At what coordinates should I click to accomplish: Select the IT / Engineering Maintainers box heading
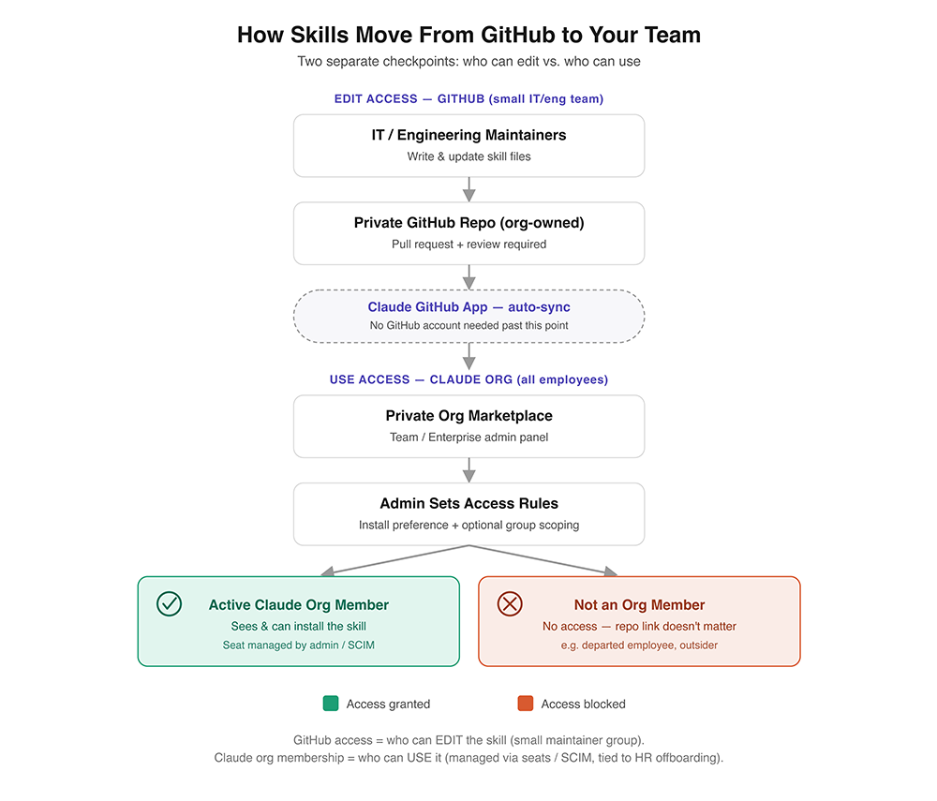click(469, 135)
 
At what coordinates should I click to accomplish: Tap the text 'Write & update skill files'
click(469, 156)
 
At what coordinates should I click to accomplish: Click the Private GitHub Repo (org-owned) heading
click(469, 223)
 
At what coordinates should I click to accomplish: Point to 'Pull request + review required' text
click(469, 245)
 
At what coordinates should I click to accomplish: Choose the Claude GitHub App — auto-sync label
click(469, 307)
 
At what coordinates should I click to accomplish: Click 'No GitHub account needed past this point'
click(469, 325)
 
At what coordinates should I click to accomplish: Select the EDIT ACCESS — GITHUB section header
click(469, 99)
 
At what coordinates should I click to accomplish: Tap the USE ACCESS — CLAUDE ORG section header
click(469, 380)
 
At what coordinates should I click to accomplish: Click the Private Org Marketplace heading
click(469, 416)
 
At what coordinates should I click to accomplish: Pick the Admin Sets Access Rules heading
click(469, 503)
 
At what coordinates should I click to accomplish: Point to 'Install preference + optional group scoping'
click(469, 525)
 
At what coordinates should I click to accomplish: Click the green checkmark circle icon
click(169, 603)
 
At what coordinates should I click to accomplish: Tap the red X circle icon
click(510, 603)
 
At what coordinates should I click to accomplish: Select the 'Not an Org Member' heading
click(639, 605)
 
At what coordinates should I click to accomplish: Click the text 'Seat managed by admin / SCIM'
click(299, 645)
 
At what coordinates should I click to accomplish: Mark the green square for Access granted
click(331, 703)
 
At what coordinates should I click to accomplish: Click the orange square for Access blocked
click(526, 703)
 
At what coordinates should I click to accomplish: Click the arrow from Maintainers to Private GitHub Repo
click(469, 189)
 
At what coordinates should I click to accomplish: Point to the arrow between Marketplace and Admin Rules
click(469, 470)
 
